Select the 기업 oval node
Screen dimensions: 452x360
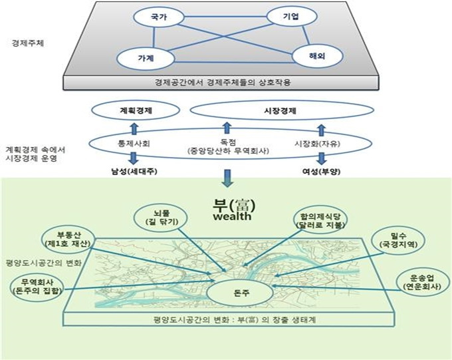(x=292, y=16)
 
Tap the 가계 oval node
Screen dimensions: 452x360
(x=146, y=59)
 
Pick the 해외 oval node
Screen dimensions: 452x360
(x=317, y=56)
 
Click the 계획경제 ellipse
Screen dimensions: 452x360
(x=136, y=110)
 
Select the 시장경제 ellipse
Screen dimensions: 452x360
(x=281, y=110)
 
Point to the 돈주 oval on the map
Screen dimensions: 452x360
(x=240, y=293)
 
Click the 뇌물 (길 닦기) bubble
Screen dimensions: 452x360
(x=161, y=218)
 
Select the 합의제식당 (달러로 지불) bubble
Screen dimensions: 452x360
(x=320, y=221)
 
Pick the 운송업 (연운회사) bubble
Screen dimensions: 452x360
(x=423, y=282)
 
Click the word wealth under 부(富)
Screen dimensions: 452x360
(x=233, y=216)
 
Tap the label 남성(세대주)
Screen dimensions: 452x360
(x=134, y=172)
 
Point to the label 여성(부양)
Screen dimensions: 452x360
(x=321, y=172)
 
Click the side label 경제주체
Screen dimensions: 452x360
(x=28, y=43)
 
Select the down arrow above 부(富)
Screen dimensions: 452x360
(x=227, y=178)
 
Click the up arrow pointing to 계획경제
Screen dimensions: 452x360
(x=134, y=128)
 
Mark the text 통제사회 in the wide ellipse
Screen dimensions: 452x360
(x=134, y=144)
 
